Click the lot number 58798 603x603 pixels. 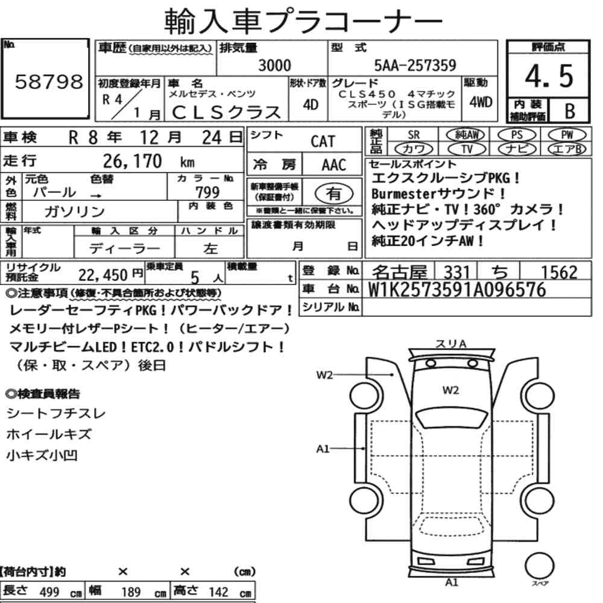point(49,81)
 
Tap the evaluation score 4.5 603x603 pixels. point(549,76)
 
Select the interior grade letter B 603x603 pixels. point(570,111)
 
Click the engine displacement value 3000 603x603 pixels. point(274,65)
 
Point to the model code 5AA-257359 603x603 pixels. point(415,65)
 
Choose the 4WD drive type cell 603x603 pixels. point(481,102)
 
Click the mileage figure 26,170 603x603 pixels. point(132,161)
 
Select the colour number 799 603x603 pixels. point(207,192)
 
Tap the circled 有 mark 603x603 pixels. point(334,194)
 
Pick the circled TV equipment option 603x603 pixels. point(467,149)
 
